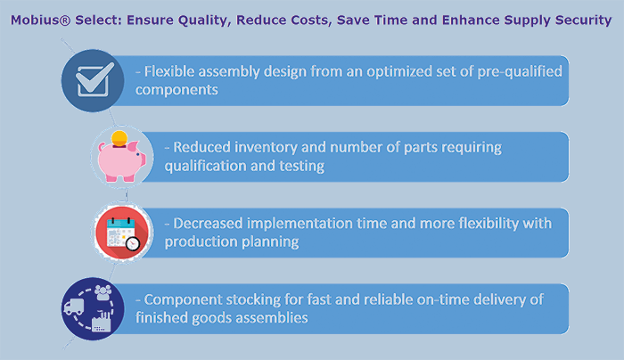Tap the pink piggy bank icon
[x=122, y=160]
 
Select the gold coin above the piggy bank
[x=119, y=138]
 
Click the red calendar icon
[x=123, y=233]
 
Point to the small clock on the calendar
[x=133, y=243]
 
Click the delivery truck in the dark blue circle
[x=74, y=307]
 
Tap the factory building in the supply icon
[x=101, y=322]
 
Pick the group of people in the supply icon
[x=103, y=292]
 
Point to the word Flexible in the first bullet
[x=169, y=71]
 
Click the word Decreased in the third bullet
[x=208, y=223]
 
